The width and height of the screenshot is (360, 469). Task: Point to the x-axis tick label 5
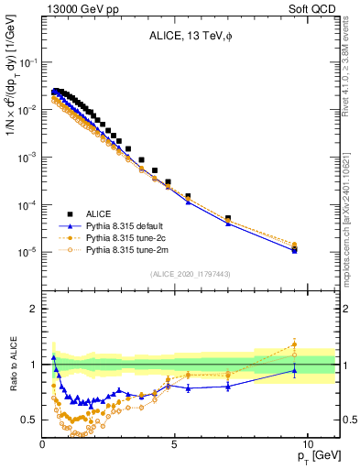point(174,444)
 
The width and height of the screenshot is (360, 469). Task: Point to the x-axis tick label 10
point(307,444)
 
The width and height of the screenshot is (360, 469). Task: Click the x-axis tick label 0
point(43,444)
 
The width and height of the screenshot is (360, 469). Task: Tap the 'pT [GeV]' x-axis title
point(316,456)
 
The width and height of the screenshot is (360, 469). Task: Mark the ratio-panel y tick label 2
point(33,309)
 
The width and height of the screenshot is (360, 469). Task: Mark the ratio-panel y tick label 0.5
point(29,420)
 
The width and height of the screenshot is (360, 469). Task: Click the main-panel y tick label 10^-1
point(27,62)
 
